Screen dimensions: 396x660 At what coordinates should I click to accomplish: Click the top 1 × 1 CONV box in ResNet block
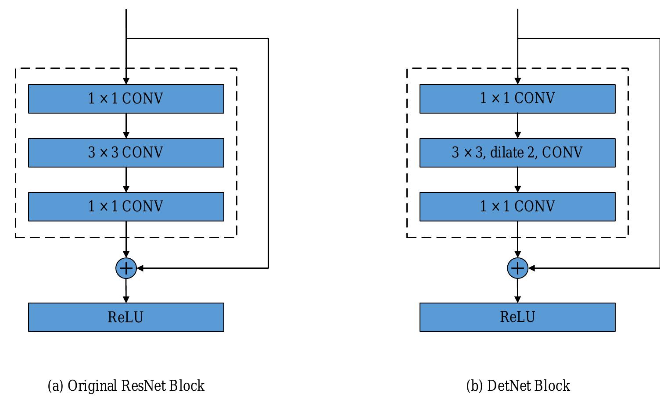point(126,99)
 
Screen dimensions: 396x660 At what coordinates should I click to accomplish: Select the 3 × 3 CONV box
point(126,153)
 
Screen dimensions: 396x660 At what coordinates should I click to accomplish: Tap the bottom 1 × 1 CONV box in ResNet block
point(126,207)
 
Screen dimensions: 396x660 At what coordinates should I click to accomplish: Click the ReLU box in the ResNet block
point(126,317)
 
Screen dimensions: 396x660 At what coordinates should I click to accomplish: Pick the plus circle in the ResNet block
point(126,268)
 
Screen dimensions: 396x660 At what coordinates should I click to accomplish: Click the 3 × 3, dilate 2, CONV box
point(517,153)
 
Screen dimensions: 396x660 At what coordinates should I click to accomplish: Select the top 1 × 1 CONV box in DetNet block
point(517,99)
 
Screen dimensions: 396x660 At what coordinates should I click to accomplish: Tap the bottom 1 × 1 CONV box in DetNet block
point(517,207)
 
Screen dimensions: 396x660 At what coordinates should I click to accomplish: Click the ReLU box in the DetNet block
point(517,317)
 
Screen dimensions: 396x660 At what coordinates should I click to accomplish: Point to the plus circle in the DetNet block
point(517,268)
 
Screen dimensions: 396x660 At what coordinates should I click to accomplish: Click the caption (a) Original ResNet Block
point(126,386)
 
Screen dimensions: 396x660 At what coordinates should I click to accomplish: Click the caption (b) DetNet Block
point(518,386)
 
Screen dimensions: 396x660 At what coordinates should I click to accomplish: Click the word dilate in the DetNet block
point(507,153)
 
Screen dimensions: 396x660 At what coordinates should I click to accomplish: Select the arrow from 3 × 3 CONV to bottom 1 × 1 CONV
point(126,180)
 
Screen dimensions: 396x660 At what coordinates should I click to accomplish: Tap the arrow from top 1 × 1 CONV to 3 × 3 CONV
point(126,126)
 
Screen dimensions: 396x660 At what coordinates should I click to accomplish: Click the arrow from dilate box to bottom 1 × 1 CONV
point(517,180)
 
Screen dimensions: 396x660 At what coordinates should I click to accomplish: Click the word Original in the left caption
point(93,386)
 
